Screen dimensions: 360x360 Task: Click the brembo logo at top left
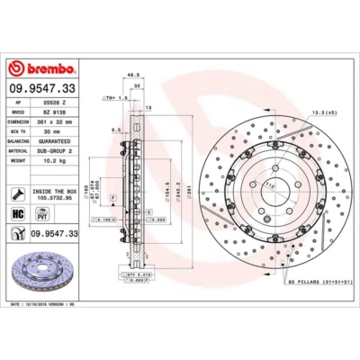click(42, 68)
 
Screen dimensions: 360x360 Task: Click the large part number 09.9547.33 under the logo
click(42, 89)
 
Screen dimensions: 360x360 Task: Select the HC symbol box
click(18, 215)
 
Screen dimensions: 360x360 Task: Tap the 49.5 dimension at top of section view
click(131, 76)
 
